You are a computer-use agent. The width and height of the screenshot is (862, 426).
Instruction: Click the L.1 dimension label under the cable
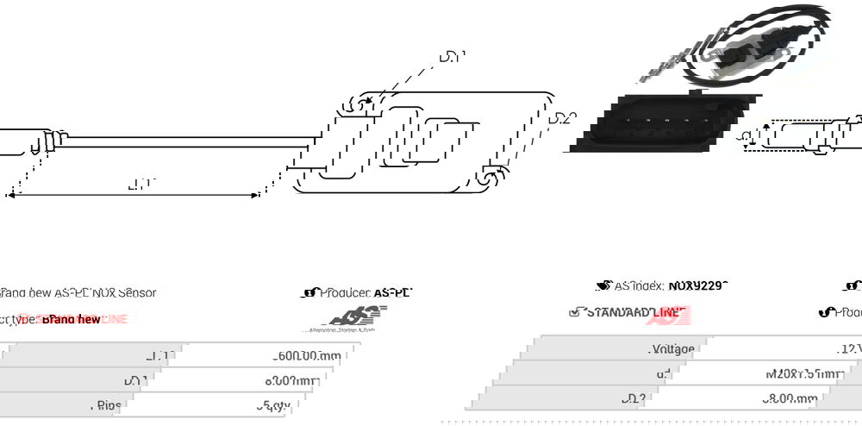[139, 184]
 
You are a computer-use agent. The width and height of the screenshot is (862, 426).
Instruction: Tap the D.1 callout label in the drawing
[452, 58]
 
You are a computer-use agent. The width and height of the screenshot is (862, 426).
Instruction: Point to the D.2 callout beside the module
[562, 118]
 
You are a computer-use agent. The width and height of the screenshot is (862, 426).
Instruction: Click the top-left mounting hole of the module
[353, 106]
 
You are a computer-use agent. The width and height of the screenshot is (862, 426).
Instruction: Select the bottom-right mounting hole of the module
[489, 178]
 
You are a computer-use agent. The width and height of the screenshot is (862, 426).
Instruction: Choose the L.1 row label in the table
[160, 355]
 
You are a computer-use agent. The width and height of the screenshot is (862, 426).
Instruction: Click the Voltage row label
[671, 349]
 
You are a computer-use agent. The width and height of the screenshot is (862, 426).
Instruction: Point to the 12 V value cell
[849, 349]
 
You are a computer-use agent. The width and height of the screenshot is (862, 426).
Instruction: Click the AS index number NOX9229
[697, 285]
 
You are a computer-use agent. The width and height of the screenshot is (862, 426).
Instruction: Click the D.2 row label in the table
[633, 398]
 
